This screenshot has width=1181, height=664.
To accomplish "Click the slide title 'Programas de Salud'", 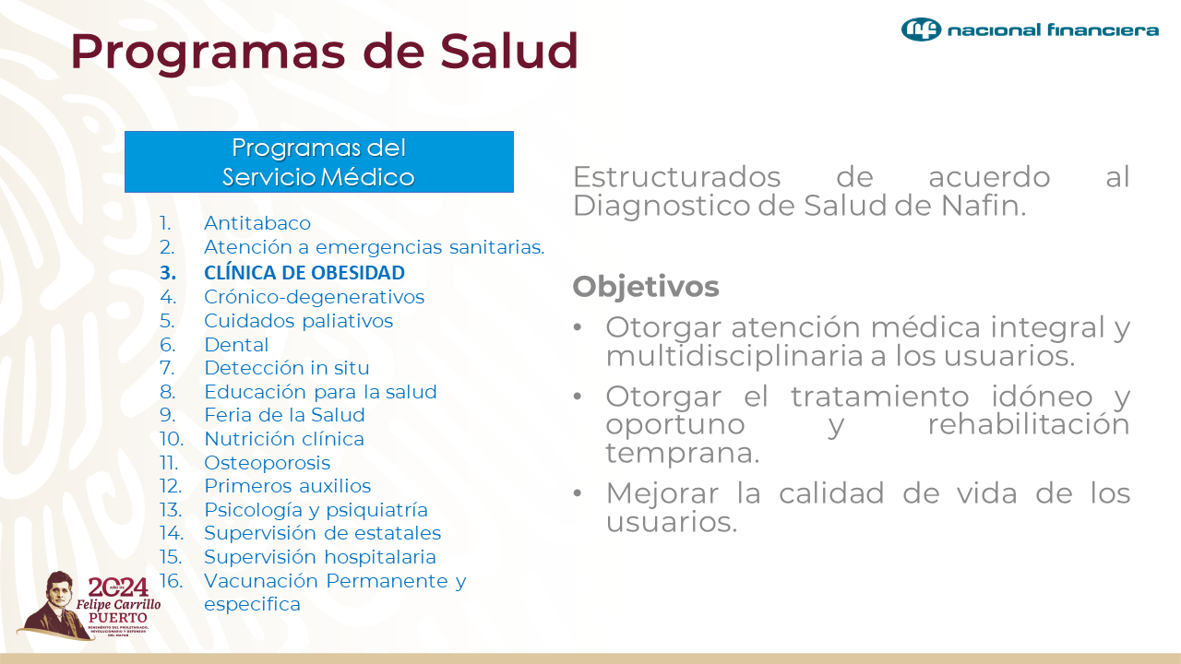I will pos(324,51).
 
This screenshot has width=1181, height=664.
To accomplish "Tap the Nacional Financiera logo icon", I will pos(921,30).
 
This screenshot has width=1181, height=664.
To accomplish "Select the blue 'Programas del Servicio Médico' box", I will pos(318,161).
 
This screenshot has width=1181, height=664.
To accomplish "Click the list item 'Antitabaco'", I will pos(257,223).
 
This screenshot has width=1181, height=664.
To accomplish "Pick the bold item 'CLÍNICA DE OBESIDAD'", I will pos(304,273).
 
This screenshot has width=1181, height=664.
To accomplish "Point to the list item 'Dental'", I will pos(236,345).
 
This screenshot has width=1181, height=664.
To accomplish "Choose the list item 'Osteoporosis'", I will pos(267,463).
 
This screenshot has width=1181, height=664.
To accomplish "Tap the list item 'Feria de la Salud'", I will pos(284,415).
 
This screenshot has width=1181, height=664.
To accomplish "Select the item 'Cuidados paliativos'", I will pos(298,321).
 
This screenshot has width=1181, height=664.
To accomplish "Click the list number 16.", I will pos(171,581).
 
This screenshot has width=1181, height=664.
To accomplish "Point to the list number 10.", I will pos(171,439).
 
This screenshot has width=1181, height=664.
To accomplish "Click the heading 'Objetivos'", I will pos(646,287).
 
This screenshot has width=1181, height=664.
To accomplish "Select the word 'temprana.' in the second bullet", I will pos(683,454).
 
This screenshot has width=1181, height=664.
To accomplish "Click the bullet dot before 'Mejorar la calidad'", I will pos(578,493).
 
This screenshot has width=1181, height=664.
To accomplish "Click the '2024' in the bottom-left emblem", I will pos(117,587).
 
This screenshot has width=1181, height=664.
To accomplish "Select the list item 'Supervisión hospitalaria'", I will pos(319,557).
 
